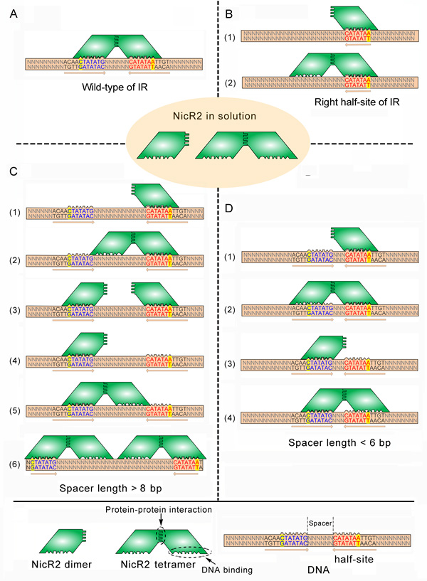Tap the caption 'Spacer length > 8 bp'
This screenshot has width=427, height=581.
(x=115, y=491)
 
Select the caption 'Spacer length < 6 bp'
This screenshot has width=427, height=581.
(x=332, y=443)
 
